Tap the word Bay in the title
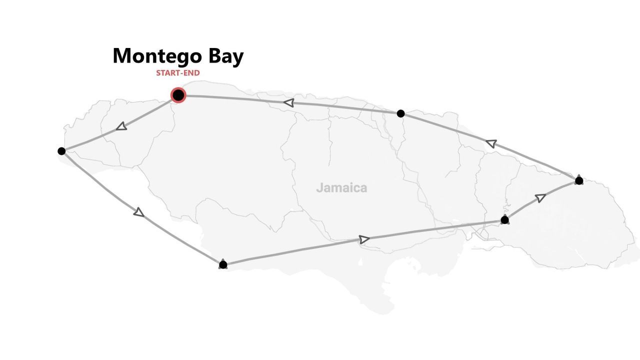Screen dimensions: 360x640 coord(226,56)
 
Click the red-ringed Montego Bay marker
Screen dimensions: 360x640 coord(178,95)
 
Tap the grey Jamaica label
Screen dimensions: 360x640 coord(341,188)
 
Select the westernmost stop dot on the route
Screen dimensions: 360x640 coord(61,151)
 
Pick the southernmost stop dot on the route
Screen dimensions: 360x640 coord(223,264)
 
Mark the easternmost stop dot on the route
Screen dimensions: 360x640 coord(579,180)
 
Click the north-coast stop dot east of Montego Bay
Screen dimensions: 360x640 coord(400,113)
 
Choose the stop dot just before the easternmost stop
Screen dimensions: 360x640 coord(504,220)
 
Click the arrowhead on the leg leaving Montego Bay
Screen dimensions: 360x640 coord(121,127)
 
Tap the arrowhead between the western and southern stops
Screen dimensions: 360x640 coord(139,212)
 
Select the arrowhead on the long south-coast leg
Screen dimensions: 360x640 coord(364,239)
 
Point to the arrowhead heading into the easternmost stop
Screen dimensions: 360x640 coord(540,198)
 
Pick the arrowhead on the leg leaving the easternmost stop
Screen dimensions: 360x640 coord(491,144)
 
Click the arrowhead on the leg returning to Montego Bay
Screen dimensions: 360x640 coord(288,103)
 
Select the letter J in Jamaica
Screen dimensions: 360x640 coord(319,188)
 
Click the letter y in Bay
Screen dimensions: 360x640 coord(237,57)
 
